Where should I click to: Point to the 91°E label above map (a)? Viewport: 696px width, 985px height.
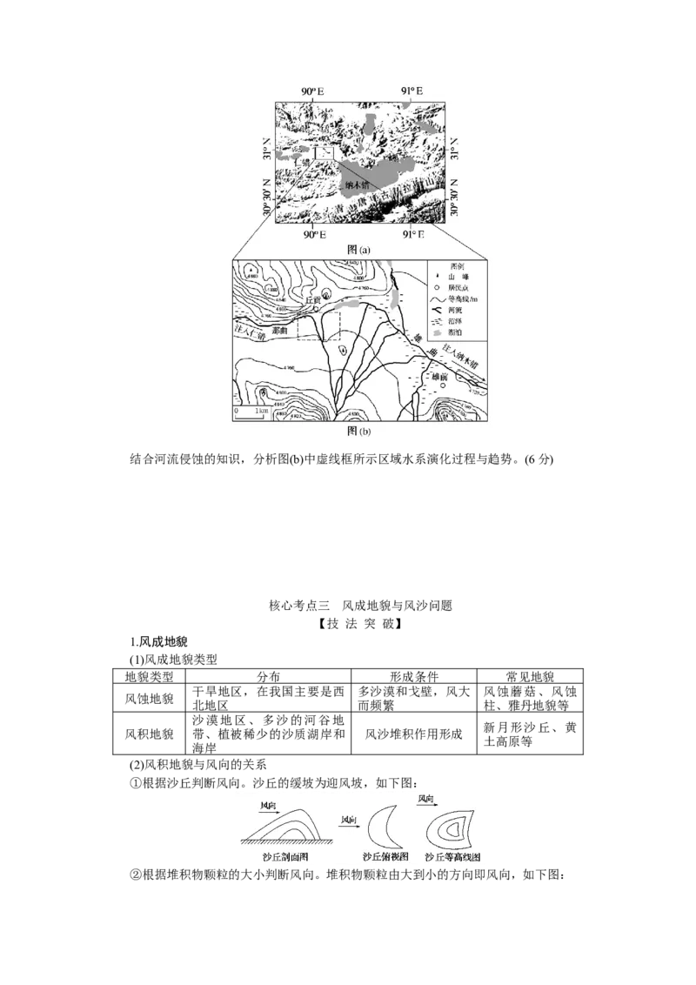[x=412, y=91]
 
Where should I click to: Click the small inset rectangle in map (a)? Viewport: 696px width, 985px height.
[x=325, y=153]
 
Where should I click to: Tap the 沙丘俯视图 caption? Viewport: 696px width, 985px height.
[x=386, y=857]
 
